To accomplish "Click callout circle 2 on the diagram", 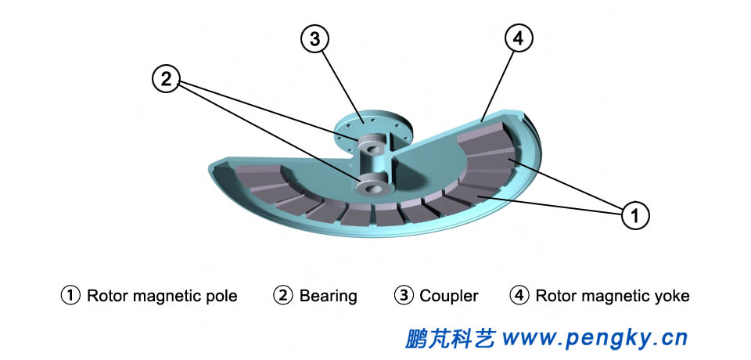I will [166, 78].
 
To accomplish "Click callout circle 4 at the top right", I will [520, 38].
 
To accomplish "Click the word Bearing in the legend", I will [328, 296].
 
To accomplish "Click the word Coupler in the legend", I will [448, 296].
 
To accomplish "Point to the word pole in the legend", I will [220, 296].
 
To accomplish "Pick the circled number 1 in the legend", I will [70, 296].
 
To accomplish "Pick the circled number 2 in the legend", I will [282, 296].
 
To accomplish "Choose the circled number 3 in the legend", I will [404, 296].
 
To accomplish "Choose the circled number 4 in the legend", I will [519, 296].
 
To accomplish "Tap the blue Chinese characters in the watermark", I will [451, 337].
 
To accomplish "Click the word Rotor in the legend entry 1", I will [108, 296].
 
